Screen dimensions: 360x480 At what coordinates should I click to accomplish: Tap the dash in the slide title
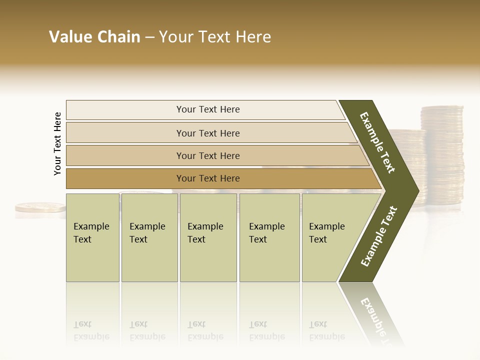tap(149, 37)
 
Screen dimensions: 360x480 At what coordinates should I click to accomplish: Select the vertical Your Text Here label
tap(57, 144)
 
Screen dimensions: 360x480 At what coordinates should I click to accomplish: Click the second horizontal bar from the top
tap(207, 133)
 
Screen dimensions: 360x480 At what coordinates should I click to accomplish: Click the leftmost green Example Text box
tap(92, 237)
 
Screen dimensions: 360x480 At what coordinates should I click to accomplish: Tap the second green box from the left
tap(149, 237)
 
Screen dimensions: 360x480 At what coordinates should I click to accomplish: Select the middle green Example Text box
tap(208, 237)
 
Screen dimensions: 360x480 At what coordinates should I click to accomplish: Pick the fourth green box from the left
tap(269, 237)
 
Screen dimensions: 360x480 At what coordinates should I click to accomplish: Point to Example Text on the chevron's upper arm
tap(377, 142)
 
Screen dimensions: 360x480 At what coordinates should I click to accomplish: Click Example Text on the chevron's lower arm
tap(379, 236)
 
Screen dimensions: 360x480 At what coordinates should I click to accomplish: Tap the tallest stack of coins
tap(442, 155)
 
